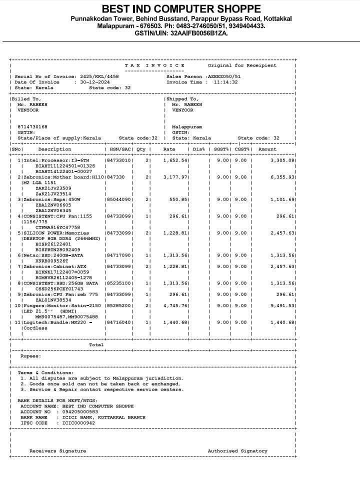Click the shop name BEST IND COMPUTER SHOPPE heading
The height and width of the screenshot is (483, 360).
point(181,9)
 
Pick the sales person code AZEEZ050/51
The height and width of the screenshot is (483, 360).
point(224,76)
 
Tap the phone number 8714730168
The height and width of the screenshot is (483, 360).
point(32,127)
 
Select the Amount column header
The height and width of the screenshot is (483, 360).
point(267,149)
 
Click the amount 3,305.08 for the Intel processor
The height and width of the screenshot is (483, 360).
point(282,160)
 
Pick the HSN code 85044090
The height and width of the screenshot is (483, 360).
point(119,199)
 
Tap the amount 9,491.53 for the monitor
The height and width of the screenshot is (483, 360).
point(282,305)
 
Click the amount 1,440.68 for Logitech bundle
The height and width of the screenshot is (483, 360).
point(282,322)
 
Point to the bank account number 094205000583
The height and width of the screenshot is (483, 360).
point(76,411)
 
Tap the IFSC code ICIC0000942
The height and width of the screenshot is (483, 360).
point(78,423)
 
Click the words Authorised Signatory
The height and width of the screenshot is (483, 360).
point(237,451)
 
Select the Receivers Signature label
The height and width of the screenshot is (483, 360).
point(57,451)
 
